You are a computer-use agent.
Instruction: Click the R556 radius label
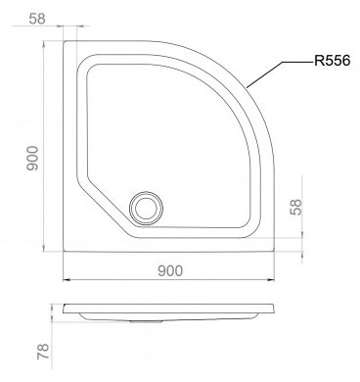point(332,61)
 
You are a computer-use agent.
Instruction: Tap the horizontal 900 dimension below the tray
point(170,271)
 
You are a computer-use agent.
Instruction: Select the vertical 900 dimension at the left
point(32,159)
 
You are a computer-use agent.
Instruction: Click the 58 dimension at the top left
point(37,19)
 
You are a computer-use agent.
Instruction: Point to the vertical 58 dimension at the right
point(296,207)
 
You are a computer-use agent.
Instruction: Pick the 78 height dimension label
point(43,352)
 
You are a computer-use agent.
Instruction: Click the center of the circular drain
point(146,209)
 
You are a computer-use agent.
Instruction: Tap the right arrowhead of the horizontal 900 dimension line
point(271,280)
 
